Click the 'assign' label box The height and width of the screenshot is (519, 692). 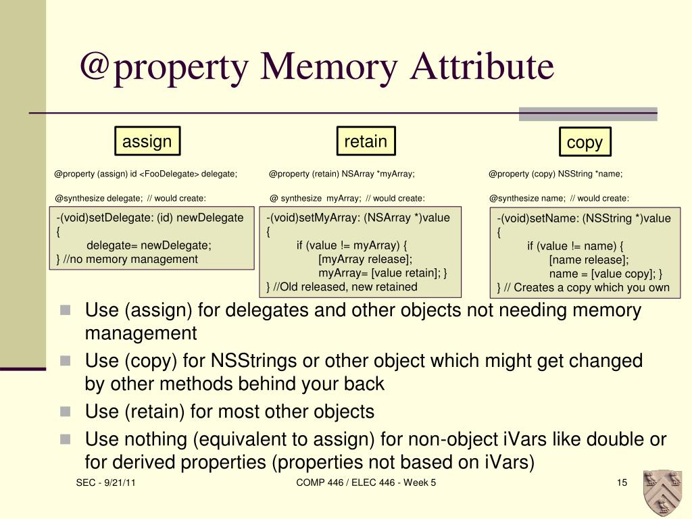point(147,142)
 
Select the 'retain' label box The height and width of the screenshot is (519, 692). point(366,141)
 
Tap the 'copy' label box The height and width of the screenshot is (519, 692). point(585,143)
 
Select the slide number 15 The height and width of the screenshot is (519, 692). point(622,483)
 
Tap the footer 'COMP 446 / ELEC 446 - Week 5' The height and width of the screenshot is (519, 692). point(366,483)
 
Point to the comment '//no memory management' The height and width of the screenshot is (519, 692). point(131,259)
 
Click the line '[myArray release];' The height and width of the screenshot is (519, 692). point(365,259)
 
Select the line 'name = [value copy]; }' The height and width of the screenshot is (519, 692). point(605,274)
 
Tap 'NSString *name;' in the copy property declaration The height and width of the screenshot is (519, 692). point(590,174)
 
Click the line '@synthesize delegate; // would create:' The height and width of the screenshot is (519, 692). point(130,198)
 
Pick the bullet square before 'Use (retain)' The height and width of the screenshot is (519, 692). point(65,412)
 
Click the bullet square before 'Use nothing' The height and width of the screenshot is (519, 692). point(65,439)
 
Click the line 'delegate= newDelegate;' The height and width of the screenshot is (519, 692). point(149,245)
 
